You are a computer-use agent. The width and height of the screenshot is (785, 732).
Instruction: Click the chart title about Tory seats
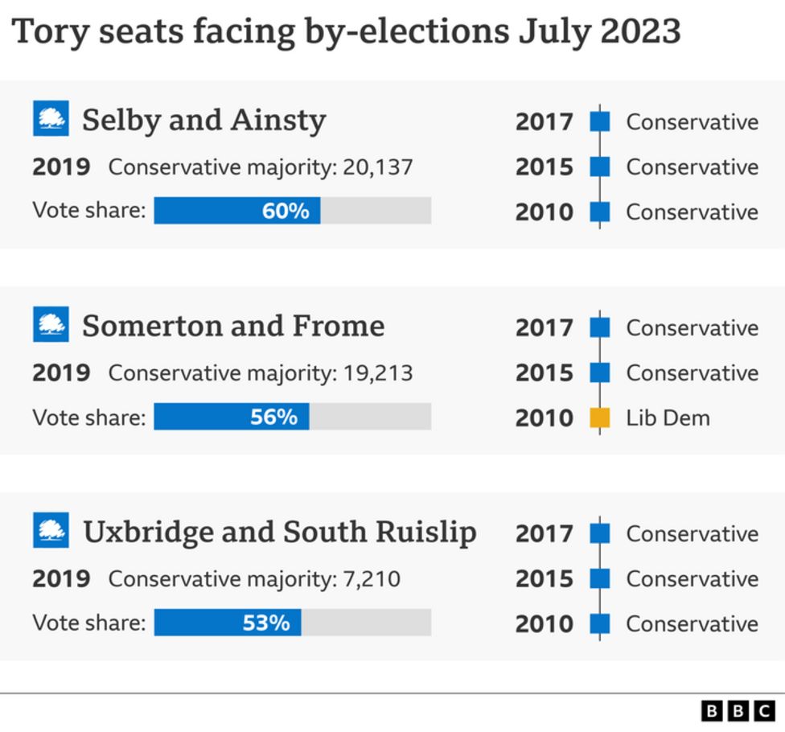tap(346, 32)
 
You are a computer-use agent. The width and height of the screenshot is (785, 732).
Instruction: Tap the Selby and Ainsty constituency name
tap(204, 120)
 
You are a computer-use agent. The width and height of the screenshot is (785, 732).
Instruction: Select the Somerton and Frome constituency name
tap(233, 326)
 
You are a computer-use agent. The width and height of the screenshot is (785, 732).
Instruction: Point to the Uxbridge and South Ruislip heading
tap(280, 532)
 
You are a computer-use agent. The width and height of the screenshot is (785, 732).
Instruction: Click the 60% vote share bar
tap(237, 211)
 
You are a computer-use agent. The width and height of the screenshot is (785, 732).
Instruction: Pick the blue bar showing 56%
tap(232, 417)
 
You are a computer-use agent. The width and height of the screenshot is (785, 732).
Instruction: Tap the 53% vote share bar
tap(228, 623)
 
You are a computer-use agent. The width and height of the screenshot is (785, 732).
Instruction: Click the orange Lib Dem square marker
tap(600, 418)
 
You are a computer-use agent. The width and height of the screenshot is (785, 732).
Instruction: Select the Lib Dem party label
tap(668, 418)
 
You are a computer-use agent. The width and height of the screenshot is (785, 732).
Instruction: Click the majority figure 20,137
tap(377, 167)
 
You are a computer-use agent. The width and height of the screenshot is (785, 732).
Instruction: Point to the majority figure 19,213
tap(377, 373)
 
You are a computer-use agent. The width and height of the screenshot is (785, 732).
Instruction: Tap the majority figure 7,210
tap(372, 579)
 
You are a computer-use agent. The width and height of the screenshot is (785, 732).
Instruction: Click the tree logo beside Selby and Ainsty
tap(51, 119)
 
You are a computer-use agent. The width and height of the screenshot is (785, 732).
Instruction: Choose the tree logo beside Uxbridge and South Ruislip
tap(51, 531)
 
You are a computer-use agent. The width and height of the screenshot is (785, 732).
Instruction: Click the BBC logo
tap(738, 710)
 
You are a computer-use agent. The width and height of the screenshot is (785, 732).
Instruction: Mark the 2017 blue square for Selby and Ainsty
tap(600, 122)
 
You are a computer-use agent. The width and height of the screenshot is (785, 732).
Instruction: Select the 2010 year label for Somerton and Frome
tap(545, 418)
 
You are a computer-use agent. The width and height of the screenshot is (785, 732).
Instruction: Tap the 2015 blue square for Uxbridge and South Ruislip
tap(600, 579)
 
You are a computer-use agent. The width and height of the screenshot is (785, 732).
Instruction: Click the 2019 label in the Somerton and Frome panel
tap(61, 373)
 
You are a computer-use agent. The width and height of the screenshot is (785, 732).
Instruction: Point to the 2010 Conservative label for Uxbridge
tap(692, 624)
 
